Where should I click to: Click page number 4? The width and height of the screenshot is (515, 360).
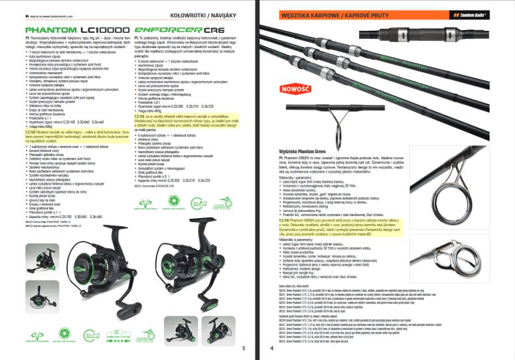coord(272,348)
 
